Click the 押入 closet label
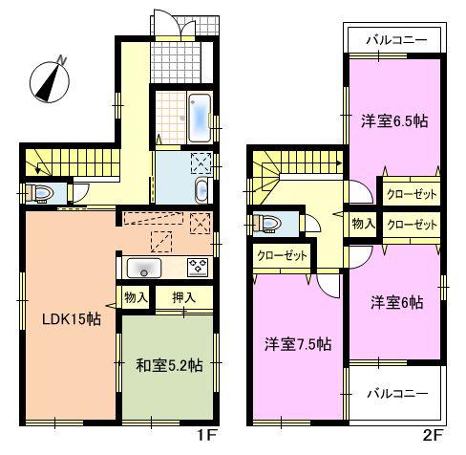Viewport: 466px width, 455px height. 183,298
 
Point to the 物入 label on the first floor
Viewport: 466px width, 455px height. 137,298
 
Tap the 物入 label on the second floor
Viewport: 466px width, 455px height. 363,224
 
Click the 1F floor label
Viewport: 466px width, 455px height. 204,443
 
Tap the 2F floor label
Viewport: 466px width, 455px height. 434,443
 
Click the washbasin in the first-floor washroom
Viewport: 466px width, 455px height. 200,189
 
